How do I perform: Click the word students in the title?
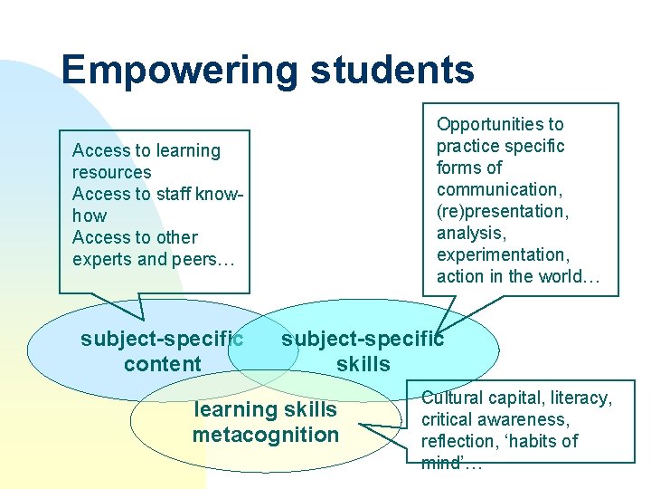(385, 71)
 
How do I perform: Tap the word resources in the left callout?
(112, 172)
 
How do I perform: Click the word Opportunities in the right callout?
(499, 124)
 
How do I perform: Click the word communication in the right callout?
(496, 189)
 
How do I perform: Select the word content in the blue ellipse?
(163, 365)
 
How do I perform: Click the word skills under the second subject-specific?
(363, 365)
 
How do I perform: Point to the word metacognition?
(265, 435)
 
